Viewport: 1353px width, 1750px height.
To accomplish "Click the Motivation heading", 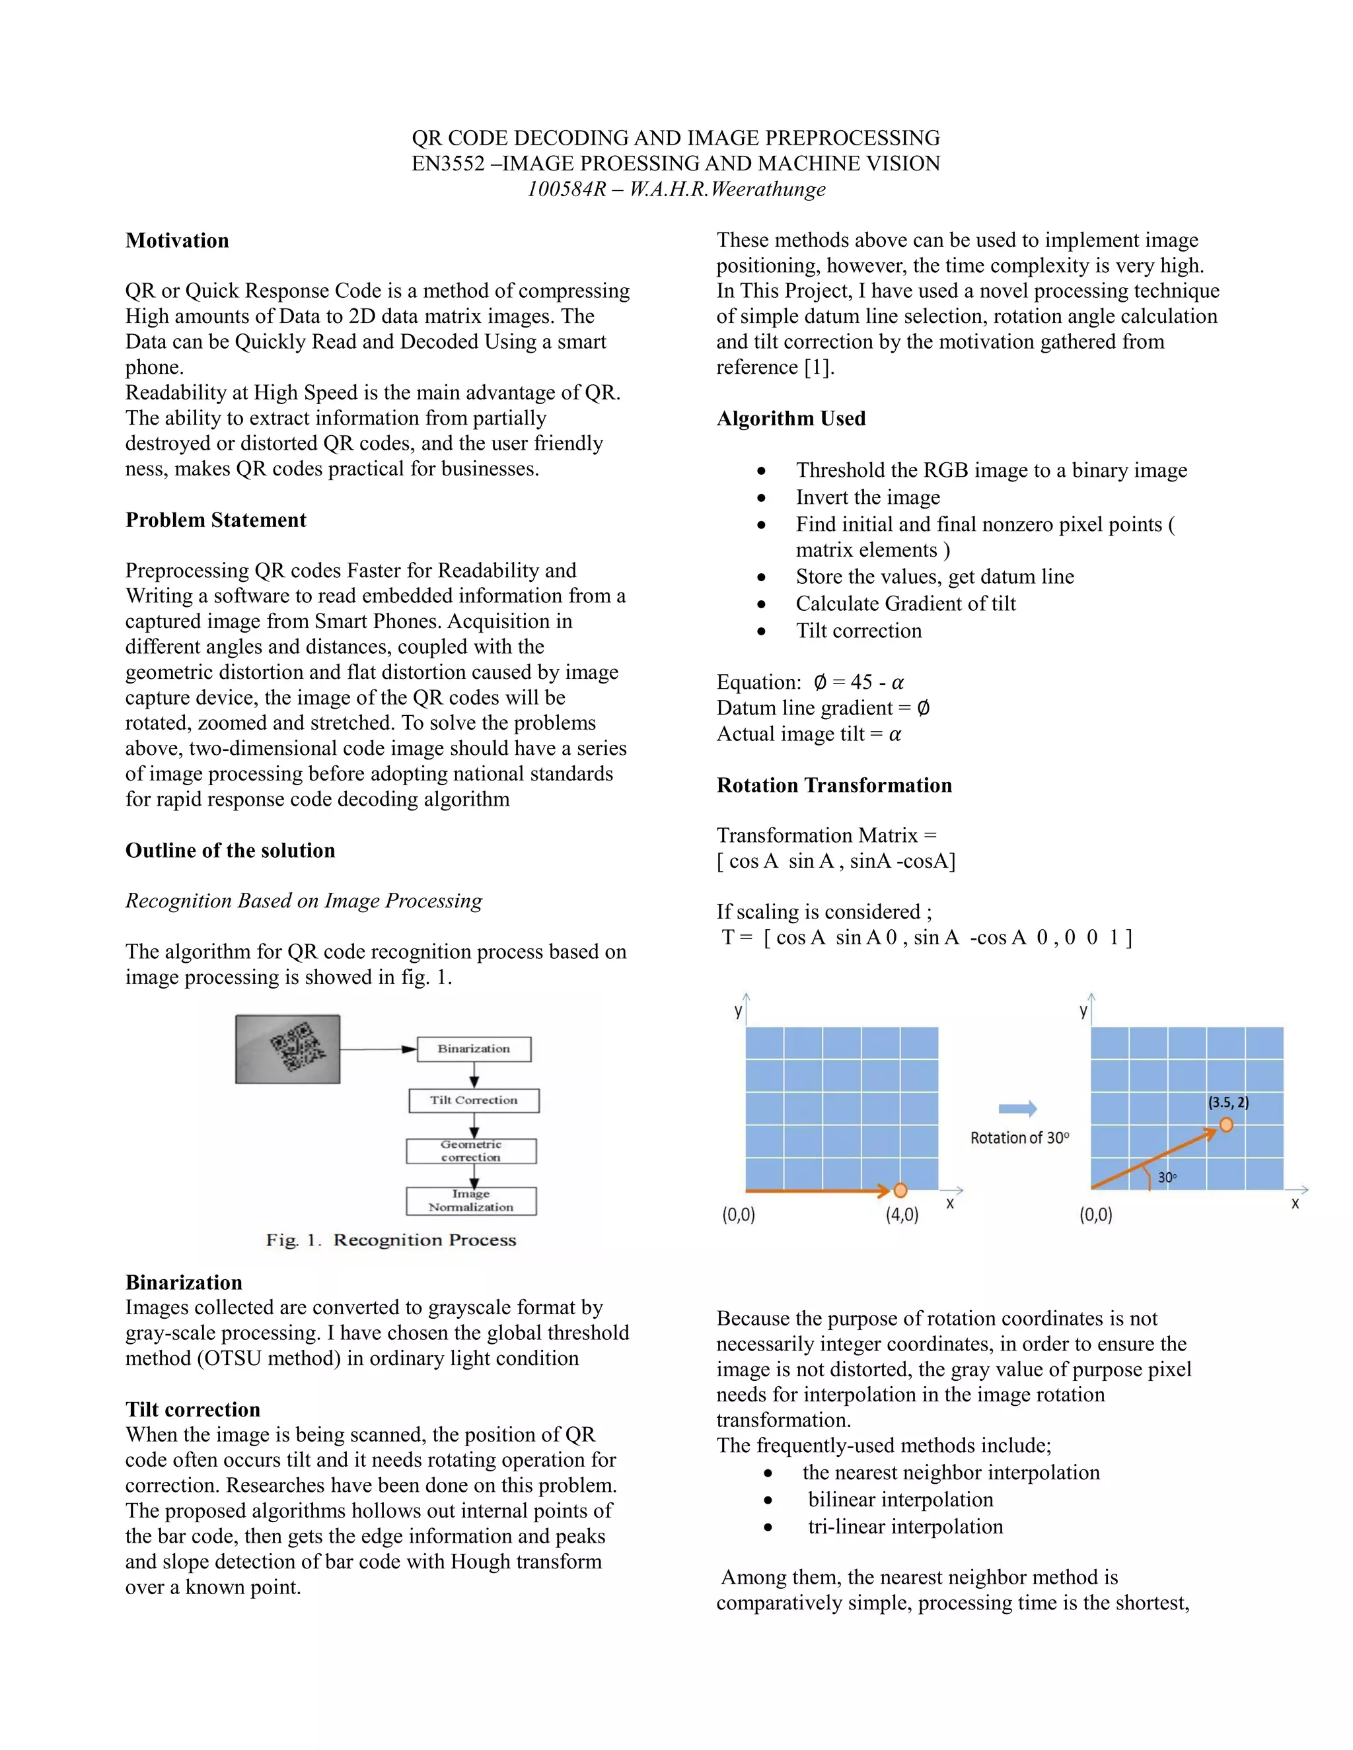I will click(x=177, y=240).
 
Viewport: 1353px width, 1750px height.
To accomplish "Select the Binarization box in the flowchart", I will click(x=474, y=1049).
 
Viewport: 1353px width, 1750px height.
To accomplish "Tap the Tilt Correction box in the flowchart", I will click(x=474, y=1100).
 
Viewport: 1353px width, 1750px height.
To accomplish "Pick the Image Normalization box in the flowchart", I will click(x=471, y=1201).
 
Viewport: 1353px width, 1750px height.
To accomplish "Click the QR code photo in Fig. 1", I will click(x=288, y=1049).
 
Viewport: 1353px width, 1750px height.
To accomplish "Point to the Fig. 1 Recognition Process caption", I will click(x=391, y=1240).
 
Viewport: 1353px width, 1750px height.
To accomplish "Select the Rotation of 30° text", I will click(x=1019, y=1138).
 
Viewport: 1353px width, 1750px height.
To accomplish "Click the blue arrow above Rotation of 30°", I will click(x=1017, y=1109).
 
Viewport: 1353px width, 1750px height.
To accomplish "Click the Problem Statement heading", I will click(x=215, y=520).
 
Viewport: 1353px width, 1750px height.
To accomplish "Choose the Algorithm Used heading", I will click(x=791, y=418).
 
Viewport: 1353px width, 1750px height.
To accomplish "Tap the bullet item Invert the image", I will click(x=867, y=498).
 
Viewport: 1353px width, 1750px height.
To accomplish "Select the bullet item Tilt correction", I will click(x=858, y=631).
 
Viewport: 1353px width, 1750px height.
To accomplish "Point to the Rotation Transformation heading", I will click(x=834, y=785).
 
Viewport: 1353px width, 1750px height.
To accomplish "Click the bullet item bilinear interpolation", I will click(x=900, y=1499).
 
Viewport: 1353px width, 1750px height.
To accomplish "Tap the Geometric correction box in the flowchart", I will click(x=471, y=1150).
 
